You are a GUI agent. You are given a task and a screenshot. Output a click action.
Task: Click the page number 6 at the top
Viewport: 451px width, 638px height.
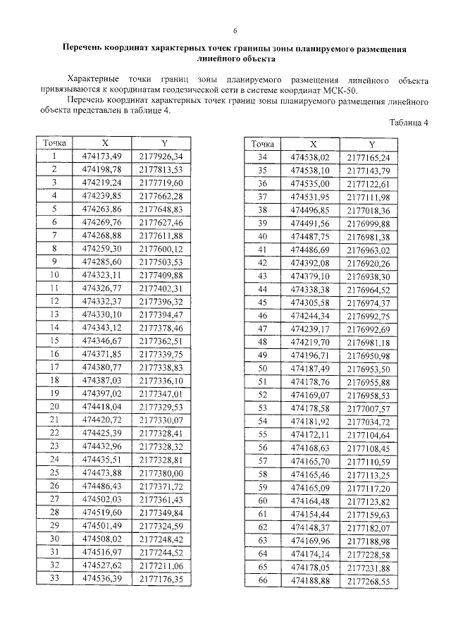point(235,32)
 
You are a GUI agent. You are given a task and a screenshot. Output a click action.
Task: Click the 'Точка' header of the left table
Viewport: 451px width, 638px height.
point(54,143)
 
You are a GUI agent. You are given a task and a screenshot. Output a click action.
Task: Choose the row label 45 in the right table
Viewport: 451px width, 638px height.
point(263,302)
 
